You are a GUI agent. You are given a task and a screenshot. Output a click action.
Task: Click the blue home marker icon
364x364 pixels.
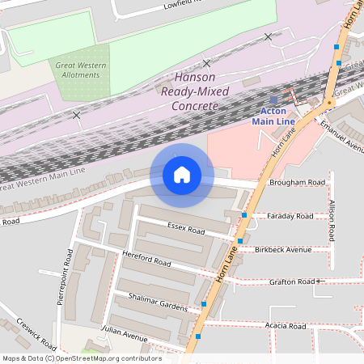(x=182, y=175)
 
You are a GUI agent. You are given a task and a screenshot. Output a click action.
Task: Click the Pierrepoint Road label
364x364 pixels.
(x=69, y=274)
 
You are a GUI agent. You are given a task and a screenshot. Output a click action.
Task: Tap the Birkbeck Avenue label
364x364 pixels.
(x=282, y=249)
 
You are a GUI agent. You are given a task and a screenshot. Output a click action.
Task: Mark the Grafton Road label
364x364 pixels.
(x=295, y=281)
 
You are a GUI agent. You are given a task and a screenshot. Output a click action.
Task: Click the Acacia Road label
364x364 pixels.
(x=286, y=326)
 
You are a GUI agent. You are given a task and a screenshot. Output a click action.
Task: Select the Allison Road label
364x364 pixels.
(x=332, y=218)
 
